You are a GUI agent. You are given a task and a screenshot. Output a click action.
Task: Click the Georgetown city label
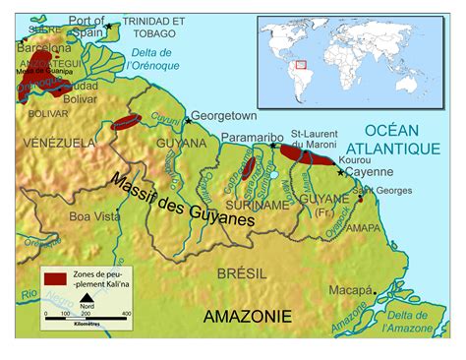[222, 115]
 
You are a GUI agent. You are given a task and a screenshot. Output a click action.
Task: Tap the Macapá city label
[351, 291]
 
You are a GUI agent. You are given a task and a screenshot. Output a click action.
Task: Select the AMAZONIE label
[247, 316]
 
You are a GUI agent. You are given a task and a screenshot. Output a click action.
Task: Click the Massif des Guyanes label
[184, 202]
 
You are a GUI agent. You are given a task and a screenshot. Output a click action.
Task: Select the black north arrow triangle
[86, 299]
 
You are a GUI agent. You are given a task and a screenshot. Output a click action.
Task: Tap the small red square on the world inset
[303, 65]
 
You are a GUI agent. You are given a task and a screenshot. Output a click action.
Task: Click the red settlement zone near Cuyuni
[126, 123]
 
